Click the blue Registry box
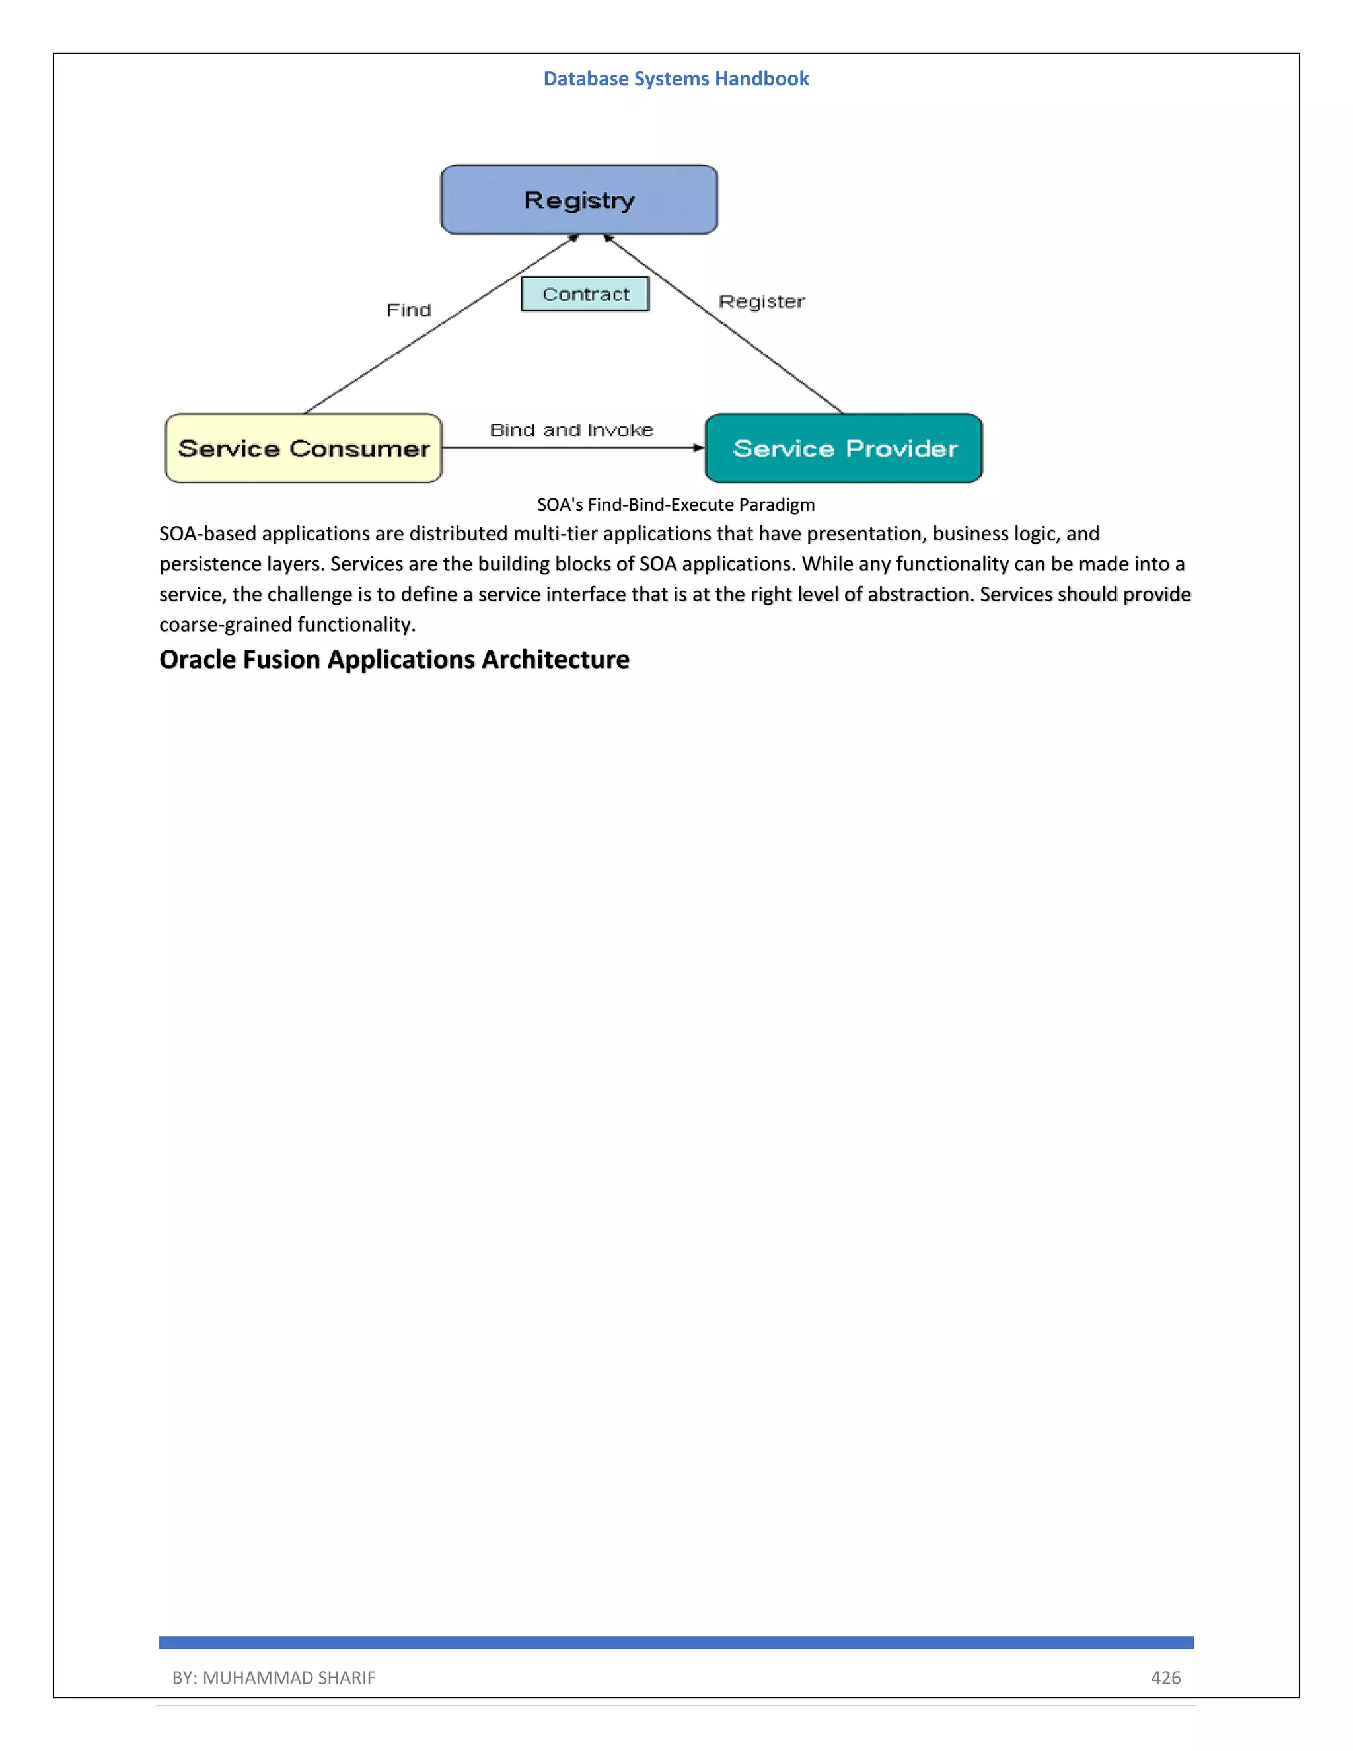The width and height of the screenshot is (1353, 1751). [579, 200]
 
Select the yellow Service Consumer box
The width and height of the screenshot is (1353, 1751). [303, 448]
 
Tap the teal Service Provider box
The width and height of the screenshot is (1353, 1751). [843, 448]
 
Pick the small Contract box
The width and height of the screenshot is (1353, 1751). [585, 294]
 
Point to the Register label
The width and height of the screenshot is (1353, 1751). [760, 301]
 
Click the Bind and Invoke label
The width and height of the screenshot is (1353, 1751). [571, 429]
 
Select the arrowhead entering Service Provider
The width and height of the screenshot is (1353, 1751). [698, 447]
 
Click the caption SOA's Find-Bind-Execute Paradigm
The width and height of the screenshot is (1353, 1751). [676, 504]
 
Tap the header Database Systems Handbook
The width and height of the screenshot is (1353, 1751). [676, 79]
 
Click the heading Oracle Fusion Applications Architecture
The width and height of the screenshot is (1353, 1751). [394, 659]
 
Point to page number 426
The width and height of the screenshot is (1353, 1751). [1165, 1677]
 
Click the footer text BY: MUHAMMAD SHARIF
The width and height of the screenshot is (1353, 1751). [274, 1677]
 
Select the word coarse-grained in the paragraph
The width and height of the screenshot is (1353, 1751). [225, 624]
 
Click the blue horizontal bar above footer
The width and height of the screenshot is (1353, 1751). [676, 1642]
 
